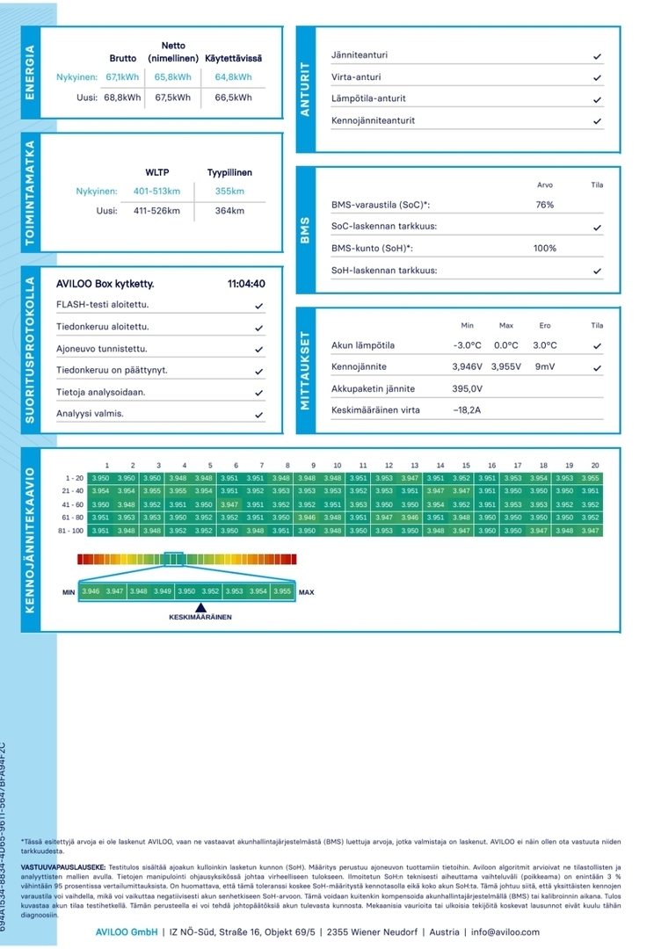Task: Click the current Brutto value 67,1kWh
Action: pos(122,77)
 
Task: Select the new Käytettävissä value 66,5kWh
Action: pos(233,98)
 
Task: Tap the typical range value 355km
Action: pos(229,192)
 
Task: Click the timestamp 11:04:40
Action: pos(246,284)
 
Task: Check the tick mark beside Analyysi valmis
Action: pos(258,414)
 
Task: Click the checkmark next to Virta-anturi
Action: pos(597,77)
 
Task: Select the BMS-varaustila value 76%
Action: pos(544,205)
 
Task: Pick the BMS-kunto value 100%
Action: pos(544,249)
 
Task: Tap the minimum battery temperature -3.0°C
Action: pos(467,345)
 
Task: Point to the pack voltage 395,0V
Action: pos(467,388)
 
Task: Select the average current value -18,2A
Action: pos(467,410)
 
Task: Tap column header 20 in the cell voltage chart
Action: pos(595,466)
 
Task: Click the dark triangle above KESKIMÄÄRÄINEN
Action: pos(200,607)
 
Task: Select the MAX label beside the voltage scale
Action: pos(306,592)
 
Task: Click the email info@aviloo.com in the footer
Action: pos(505,931)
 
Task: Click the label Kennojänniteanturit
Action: pos(373,120)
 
